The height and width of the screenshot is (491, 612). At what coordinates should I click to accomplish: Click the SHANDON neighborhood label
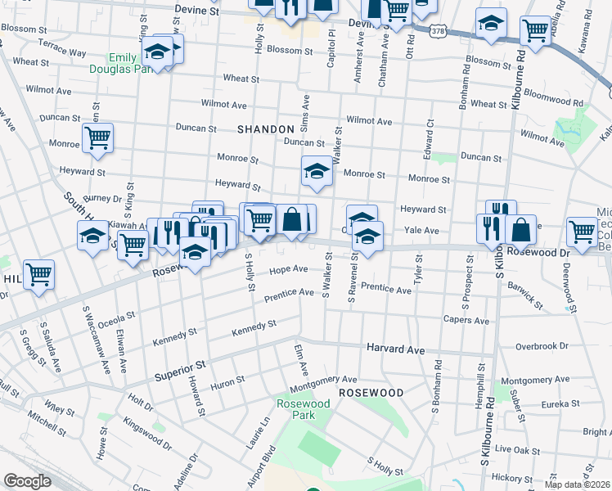point(265,129)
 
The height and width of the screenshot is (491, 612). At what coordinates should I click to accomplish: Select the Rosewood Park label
point(303,409)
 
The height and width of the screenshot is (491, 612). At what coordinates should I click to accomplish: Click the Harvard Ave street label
point(395,349)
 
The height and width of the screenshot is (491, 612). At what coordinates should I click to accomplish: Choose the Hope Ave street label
point(288,269)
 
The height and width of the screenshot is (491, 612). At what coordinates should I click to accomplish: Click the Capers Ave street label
point(466,320)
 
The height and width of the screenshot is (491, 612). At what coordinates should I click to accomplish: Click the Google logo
point(27,480)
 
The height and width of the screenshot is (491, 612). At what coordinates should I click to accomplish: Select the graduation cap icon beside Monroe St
point(317,171)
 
